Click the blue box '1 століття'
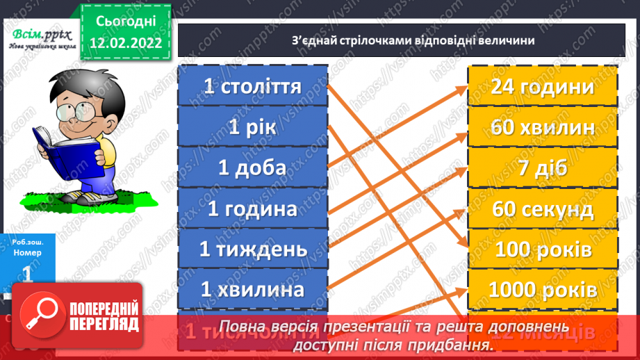pyautogui.click(x=252, y=86)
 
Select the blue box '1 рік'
pyautogui.click(x=252, y=127)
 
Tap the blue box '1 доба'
pyautogui.click(x=252, y=167)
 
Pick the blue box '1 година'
pyautogui.click(x=252, y=208)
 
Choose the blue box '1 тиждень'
pyautogui.click(x=252, y=248)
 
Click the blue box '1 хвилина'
pyautogui.click(x=252, y=288)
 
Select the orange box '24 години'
pyautogui.click(x=542, y=87)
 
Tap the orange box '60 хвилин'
pyautogui.click(x=542, y=127)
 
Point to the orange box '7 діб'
pyautogui.click(x=542, y=167)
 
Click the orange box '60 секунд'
pyautogui.click(x=542, y=208)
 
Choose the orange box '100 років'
pyautogui.click(x=542, y=248)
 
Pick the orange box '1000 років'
pyautogui.click(x=542, y=288)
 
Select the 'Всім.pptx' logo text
pyautogui.click(x=39, y=35)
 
